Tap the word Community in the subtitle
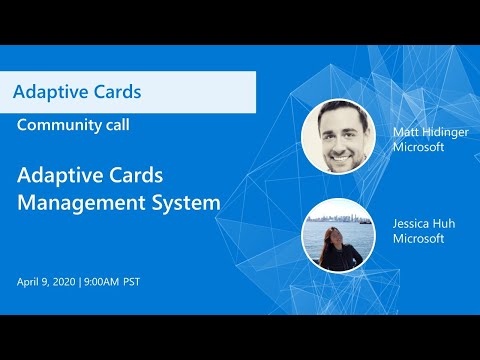[58, 125]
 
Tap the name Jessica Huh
[424, 224]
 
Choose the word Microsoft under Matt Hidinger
[418, 148]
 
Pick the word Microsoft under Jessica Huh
[418, 239]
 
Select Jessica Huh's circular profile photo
[338, 235]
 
